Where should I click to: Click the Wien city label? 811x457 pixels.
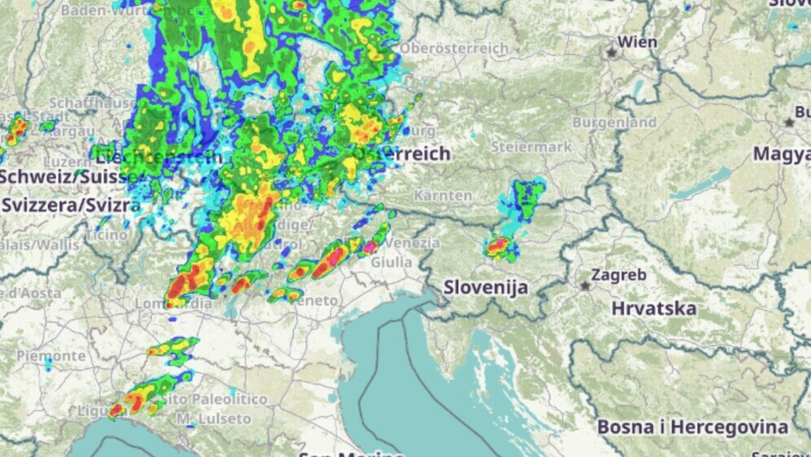coord(638,41)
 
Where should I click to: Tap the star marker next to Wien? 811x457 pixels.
coord(611,52)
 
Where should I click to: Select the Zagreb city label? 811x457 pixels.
coord(620,275)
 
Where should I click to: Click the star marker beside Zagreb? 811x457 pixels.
coord(585,285)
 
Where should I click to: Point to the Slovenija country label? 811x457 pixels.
coord(486,287)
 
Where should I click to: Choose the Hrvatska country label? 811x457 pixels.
coord(654,309)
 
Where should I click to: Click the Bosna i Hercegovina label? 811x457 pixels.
coord(692,427)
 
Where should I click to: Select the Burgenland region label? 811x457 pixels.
coord(614,122)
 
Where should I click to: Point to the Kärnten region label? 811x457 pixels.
coord(443,196)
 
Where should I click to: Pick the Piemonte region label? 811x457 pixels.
coord(50,356)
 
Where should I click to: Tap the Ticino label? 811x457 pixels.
coord(106,235)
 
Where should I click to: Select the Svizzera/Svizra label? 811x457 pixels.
coord(71,205)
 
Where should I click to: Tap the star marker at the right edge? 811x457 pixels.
coord(789,122)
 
